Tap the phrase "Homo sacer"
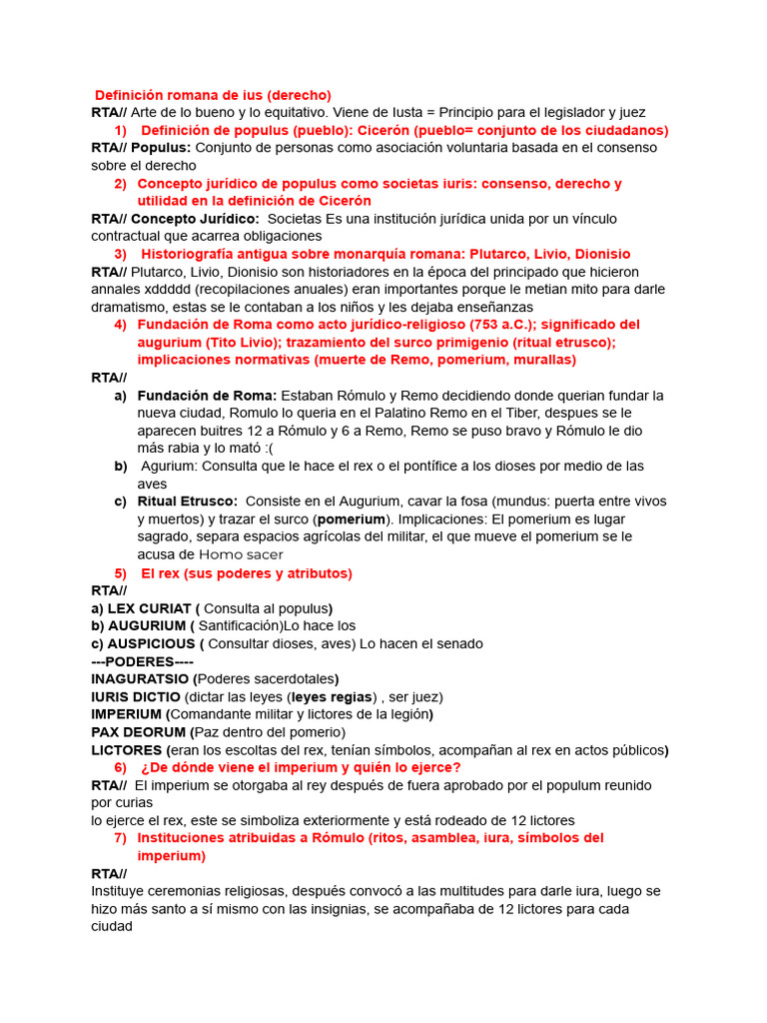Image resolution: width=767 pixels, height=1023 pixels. pyautogui.click(x=241, y=554)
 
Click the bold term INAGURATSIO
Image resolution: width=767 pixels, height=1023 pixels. pyautogui.click(x=139, y=679)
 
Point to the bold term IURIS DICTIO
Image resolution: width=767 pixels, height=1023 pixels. pyautogui.click(x=136, y=696)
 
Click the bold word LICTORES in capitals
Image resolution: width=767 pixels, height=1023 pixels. pyautogui.click(x=127, y=750)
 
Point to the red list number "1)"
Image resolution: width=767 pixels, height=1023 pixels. pyautogui.click(x=121, y=130)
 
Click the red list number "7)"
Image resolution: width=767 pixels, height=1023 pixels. pyautogui.click(x=121, y=838)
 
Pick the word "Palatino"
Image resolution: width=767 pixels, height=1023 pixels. pyautogui.click(x=348, y=413)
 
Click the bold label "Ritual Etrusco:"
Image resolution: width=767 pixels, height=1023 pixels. pyautogui.click(x=188, y=502)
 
